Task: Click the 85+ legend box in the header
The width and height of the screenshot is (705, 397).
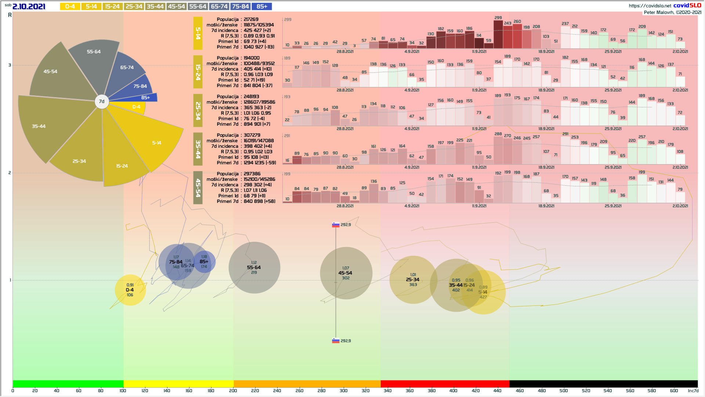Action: tap(262, 6)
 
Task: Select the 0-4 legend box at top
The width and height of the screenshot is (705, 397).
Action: tap(70, 6)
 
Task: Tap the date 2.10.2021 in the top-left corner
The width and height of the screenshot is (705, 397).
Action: tap(29, 6)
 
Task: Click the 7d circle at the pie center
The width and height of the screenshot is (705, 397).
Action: tap(102, 101)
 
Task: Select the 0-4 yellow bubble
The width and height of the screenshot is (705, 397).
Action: tap(130, 290)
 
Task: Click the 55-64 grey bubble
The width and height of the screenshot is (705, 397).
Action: tap(254, 267)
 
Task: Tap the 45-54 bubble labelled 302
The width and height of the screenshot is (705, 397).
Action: tap(346, 273)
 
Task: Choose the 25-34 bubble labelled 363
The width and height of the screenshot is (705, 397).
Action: tap(413, 280)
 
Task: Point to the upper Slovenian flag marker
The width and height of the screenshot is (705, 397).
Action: tap(336, 225)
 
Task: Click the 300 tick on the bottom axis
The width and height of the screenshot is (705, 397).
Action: tap(343, 390)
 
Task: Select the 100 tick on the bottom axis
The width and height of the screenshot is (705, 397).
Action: tap(123, 390)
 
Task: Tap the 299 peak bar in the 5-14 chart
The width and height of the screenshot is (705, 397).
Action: tap(498, 34)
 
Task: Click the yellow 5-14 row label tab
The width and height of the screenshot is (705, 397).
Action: tap(198, 33)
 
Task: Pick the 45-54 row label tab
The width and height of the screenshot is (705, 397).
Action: tap(198, 187)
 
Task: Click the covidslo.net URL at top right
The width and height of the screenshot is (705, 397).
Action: tap(650, 6)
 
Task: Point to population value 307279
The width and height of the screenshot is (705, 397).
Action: tap(252, 135)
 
